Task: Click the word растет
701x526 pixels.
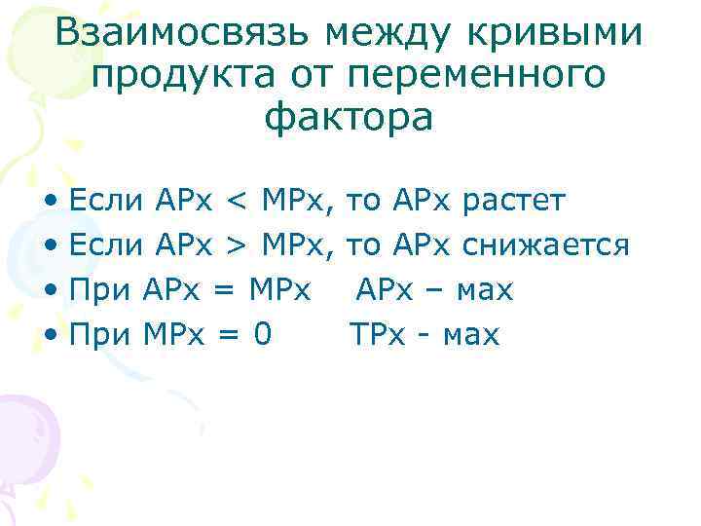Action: point(513,202)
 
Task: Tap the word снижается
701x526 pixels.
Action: point(547,245)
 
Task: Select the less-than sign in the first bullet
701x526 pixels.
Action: point(237,202)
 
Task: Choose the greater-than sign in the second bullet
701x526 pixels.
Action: point(237,245)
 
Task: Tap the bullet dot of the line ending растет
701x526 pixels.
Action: point(50,203)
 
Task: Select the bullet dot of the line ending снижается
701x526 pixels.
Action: point(50,246)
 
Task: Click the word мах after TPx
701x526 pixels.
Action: point(470,336)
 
